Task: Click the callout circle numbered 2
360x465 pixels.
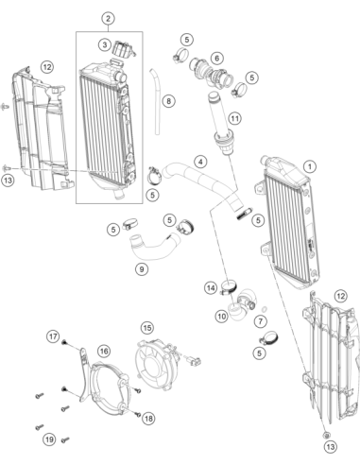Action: coord(108,19)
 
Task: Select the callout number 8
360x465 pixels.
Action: coord(169,101)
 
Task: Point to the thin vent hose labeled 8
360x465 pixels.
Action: coord(156,101)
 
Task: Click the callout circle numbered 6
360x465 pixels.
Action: coord(216,58)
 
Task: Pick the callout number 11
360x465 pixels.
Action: coord(234,119)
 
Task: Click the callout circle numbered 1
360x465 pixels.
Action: coord(310,166)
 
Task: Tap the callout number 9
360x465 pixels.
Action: coord(142,269)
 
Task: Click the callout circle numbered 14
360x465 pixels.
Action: coord(211,288)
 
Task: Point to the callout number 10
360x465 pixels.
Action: coord(222,316)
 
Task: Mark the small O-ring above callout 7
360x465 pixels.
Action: coord(265,309)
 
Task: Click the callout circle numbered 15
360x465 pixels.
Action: coord(147,328)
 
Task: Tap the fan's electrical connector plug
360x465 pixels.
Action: coord(195,360)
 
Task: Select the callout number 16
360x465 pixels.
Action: coord(104,351)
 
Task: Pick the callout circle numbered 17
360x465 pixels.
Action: coord(53,336)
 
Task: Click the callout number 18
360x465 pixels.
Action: coord(148,419)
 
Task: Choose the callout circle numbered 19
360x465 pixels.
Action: coord(49,439)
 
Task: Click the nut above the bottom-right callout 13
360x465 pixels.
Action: coord(327,435)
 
